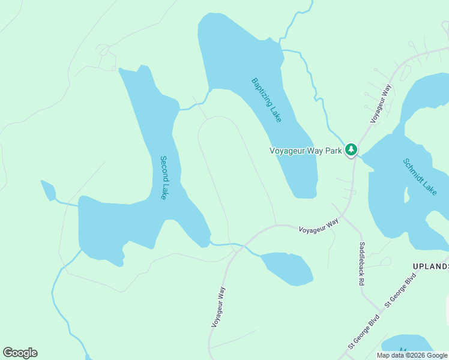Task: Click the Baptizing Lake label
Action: pos(267,100)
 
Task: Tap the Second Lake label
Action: pos(164,178)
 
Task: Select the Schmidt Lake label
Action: pos(420,176)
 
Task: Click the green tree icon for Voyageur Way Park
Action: pos(351,150)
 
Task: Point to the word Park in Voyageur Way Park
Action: pos(334,151)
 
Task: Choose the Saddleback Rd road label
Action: pos(362,263)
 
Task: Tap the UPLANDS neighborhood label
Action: pos(430,266)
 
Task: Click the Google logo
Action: pos(20,353)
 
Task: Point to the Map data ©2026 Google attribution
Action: pos(412,355)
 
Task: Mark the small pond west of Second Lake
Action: pos(48,190)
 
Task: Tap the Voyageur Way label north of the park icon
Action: pos(381,104)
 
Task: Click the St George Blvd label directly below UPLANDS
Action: pos(400,291)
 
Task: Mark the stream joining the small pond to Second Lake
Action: pos(67,203)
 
